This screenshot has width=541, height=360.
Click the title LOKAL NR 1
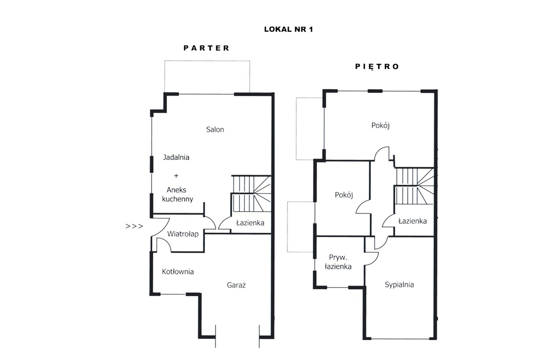pos(288,30)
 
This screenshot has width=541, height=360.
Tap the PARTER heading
pos(207,48)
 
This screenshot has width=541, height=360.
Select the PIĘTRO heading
pos(377,66)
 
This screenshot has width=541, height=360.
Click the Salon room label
pos(215,129)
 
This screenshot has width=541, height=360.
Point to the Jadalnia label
pos(176,157)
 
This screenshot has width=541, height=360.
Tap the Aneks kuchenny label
pos(178,194)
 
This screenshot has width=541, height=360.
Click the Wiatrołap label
pos(183,234)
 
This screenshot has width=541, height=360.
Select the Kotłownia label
pos(178,271)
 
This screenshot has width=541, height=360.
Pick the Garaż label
pos(236,285)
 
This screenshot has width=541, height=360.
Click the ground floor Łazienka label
pos(250,223)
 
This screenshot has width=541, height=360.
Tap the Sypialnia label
pos(399,285)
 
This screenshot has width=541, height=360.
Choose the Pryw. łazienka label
pos(338,262)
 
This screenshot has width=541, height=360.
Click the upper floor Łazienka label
pos(412,221)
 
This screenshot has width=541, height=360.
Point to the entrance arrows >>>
pos(134,226)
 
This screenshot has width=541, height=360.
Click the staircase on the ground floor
pos(251,193)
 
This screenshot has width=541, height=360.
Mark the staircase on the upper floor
pos(414,186)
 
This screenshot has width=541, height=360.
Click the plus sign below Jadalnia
pos(176,176)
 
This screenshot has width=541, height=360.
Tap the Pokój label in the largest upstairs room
pos(380,125)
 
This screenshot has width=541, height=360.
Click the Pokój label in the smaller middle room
pos(343,195)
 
